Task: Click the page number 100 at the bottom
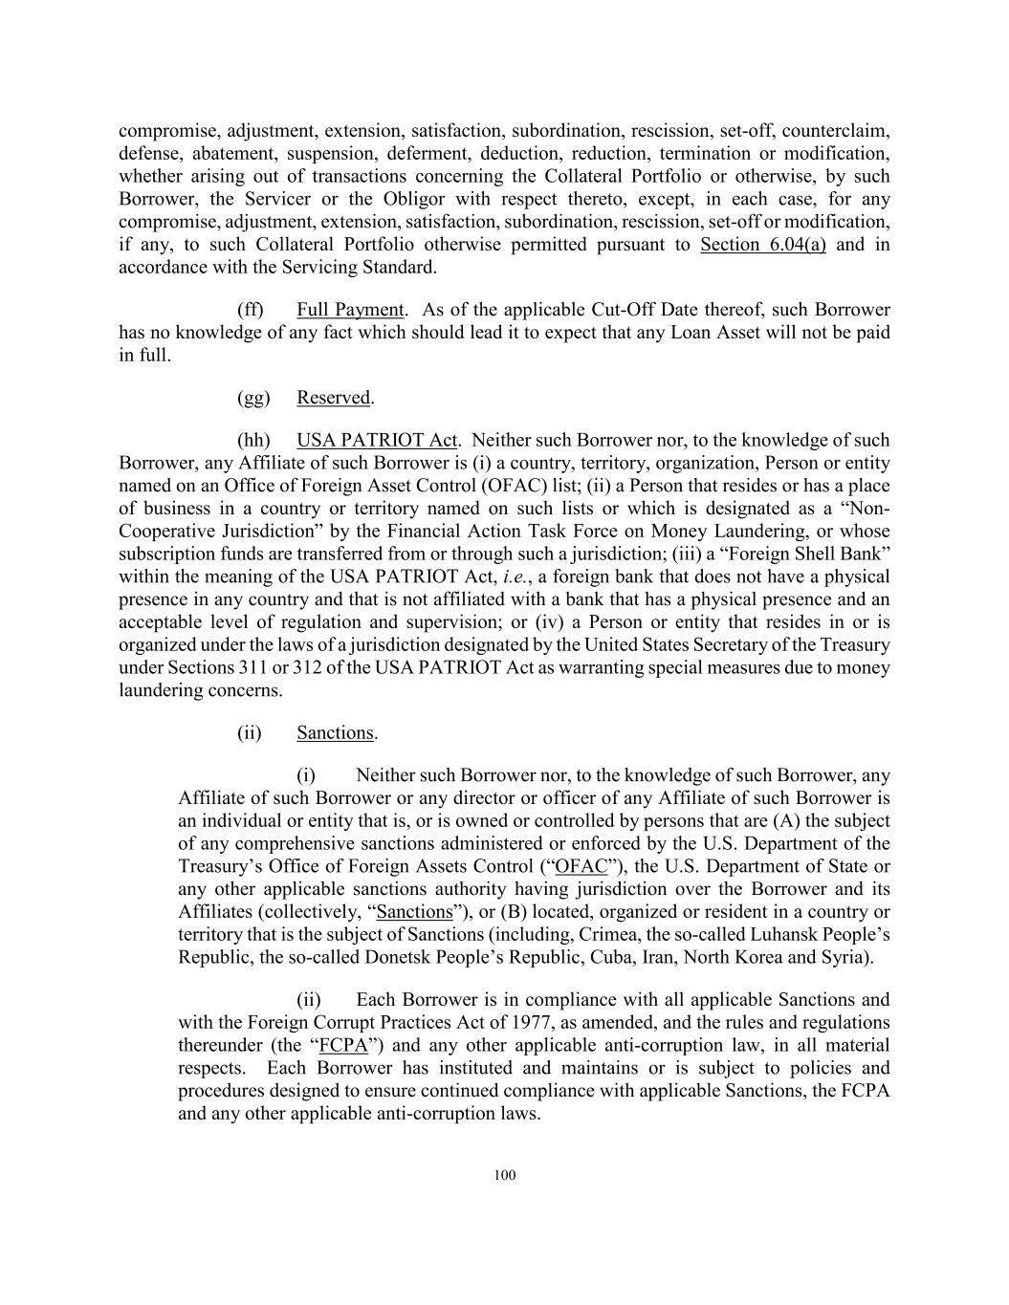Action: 505,1175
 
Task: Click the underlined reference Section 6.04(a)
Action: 762,245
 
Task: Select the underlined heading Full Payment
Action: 350,310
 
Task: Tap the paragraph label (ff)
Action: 250,310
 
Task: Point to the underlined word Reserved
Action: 333,398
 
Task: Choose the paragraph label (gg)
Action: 252,398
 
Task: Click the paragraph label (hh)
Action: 252,441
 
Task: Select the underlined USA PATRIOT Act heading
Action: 377,441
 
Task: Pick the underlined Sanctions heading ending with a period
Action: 335,733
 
